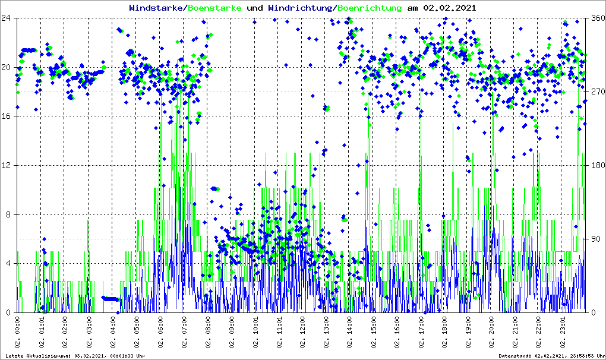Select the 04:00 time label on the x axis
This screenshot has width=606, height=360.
click(x=112, y=333)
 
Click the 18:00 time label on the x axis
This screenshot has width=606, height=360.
click(x=444, y=333)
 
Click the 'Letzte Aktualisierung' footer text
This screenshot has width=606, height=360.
click(x=75, y=355)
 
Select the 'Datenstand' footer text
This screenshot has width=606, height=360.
click(x=550, y=355)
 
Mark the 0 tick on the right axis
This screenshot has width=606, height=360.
click(x=593, y=312)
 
